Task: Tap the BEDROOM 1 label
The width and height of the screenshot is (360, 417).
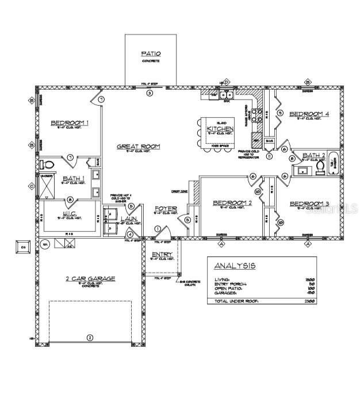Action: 70,123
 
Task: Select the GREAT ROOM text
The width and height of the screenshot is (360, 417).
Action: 138,147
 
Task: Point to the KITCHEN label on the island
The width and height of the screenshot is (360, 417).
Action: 220,129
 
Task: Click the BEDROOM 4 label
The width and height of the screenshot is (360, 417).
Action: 309,114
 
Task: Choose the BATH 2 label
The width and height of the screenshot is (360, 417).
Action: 315,155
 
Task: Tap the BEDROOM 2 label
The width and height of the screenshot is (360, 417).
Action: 232,202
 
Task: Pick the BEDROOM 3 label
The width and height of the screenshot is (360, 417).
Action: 309,204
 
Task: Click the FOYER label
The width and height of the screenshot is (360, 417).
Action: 165,208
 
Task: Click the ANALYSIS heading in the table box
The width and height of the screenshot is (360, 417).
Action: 235,266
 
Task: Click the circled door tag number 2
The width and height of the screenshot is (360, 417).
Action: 89,338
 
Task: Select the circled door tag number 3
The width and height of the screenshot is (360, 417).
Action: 150,93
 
